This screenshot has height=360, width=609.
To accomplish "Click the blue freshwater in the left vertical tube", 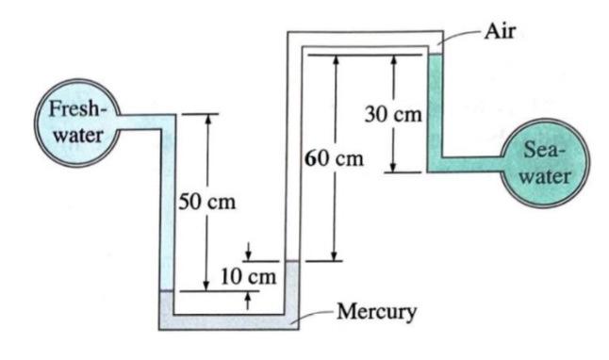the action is click(167, 207).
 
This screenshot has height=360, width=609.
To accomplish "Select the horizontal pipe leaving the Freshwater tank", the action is click(141, 120).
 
